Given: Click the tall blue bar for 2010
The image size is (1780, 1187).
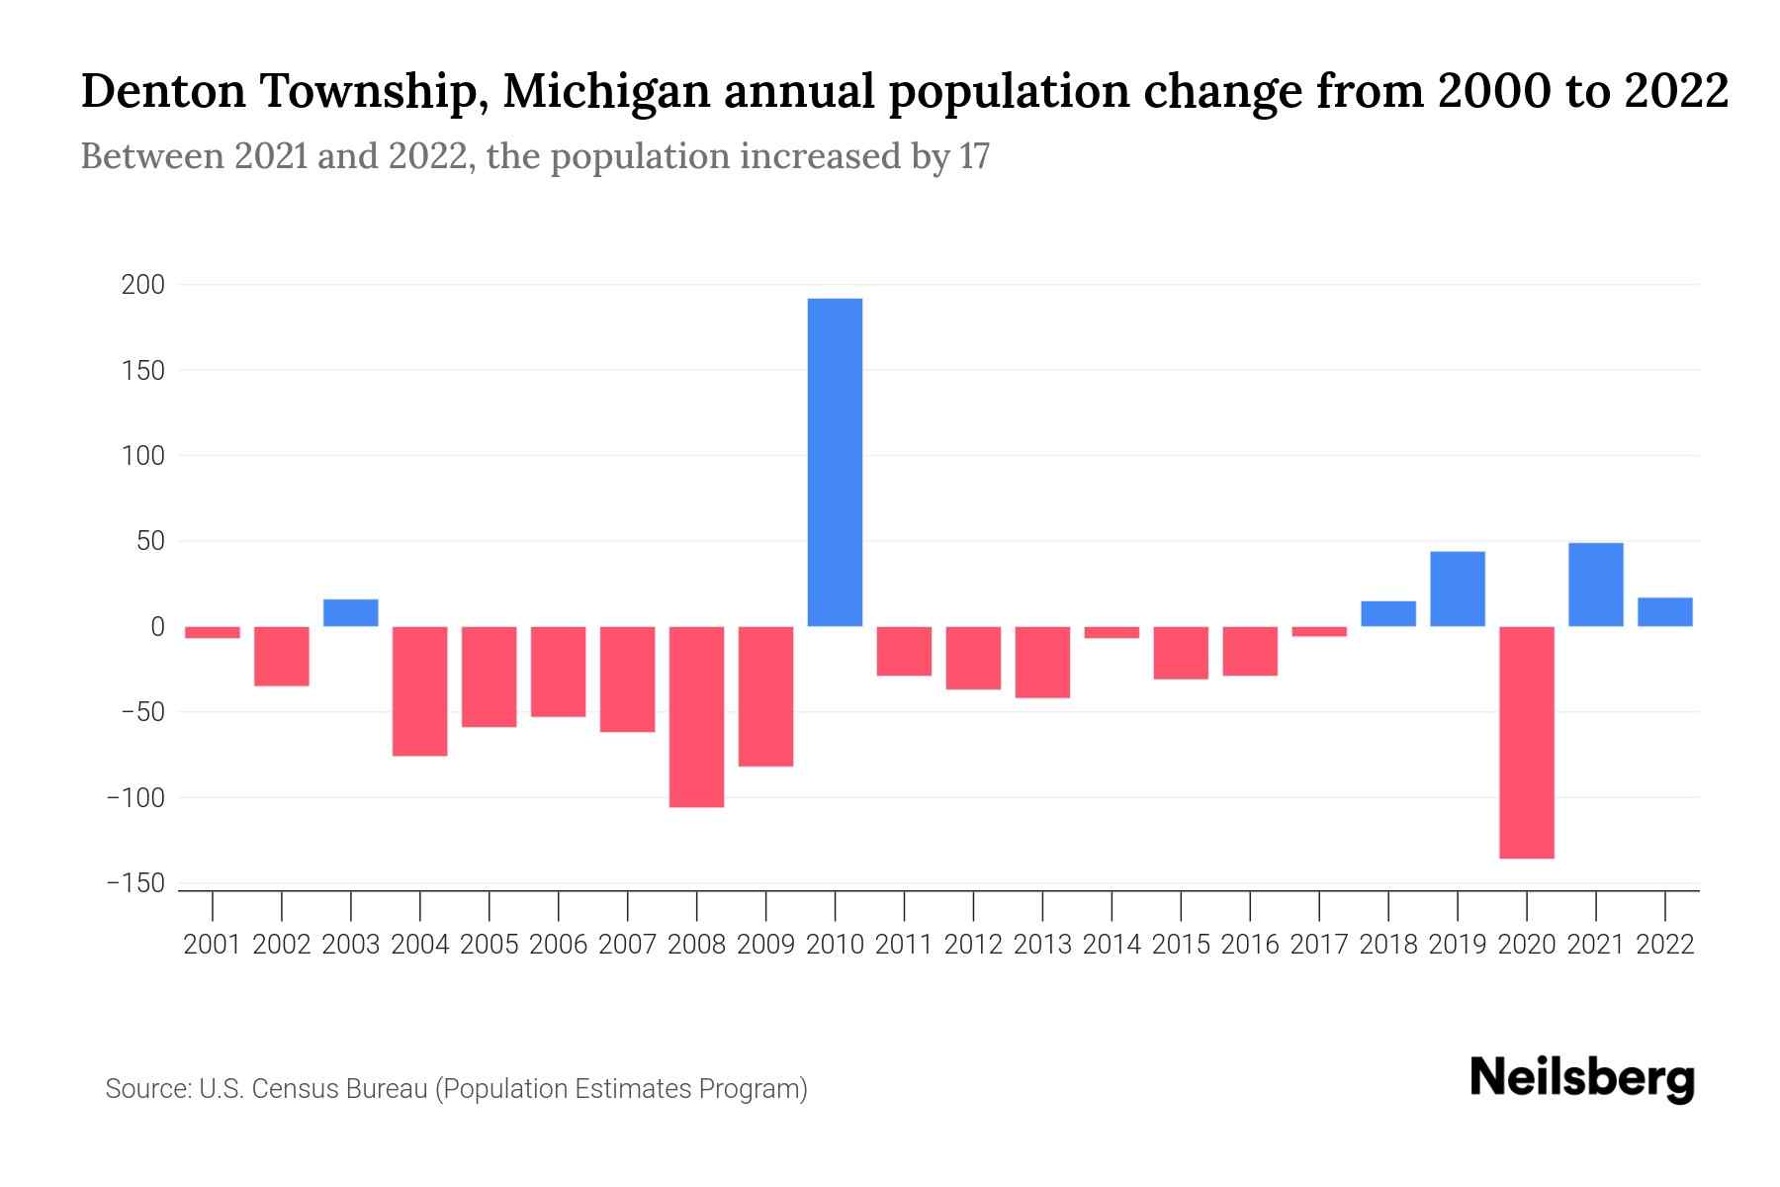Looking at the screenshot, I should [835, 462].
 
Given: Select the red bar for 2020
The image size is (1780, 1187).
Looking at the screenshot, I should [1526, 742].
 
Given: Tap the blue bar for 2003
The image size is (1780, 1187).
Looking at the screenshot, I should [351, 613].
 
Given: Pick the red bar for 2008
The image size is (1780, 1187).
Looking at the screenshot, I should [696, 716].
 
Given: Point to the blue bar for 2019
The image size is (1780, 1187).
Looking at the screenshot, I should [1457, 589].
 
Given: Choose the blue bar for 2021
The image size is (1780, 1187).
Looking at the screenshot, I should [1595, 585].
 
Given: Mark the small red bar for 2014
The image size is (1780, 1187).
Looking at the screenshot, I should [1112, 632].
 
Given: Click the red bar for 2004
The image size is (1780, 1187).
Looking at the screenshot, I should [420, 690].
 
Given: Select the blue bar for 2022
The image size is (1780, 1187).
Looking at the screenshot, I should [1664, 612].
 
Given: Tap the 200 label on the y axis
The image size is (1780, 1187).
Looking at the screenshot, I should [142, 286].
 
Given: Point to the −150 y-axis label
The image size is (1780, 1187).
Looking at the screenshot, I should [135, 883].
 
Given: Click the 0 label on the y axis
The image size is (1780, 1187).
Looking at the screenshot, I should [157, 627].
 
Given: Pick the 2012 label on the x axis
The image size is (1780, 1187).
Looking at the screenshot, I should [973, 945].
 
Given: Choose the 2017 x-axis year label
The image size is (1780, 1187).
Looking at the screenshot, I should [1318, 945].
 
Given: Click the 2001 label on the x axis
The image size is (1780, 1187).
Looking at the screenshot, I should [213, 945].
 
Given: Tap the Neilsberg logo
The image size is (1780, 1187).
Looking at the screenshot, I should [1582, 1078].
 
